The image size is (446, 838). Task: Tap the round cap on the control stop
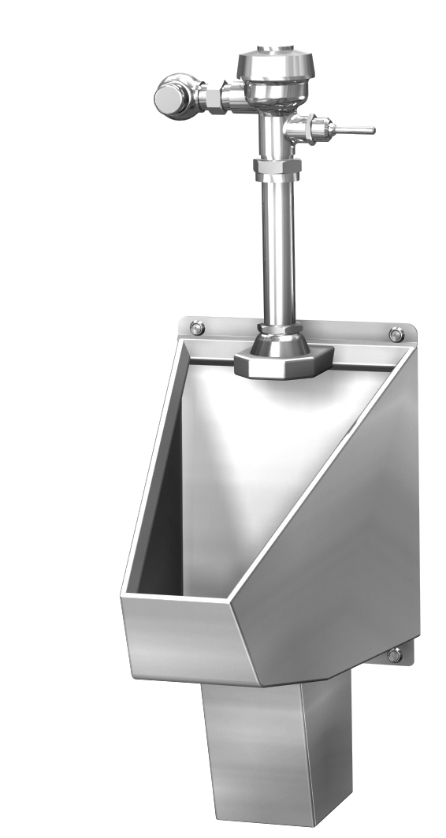167,99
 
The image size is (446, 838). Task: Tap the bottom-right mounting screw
394,654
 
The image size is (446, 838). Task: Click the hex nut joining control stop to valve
211,99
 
